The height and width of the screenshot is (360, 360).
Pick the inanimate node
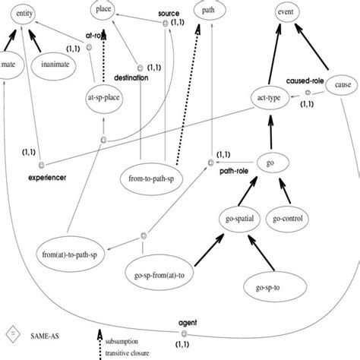pos(62,65)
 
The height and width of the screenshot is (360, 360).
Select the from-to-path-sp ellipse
pos(149,181)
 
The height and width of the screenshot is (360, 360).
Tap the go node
pos(270,163)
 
